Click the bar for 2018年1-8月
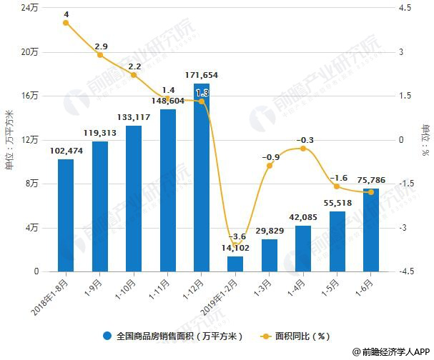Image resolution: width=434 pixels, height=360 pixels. (x=66, y=215)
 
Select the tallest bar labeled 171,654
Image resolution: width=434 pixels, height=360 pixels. (x=202, y=177)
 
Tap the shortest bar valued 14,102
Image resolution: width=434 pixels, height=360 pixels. (x=235, y=264)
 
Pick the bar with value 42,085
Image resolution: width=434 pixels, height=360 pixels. (x=303, y=249)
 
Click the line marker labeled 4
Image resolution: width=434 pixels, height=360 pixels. (x=66, y=23)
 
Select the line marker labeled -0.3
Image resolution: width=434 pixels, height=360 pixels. (x=303, y=149)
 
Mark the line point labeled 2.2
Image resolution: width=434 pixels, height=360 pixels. (x=134, y=75)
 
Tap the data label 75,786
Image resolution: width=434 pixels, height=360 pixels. (x=372, y=181)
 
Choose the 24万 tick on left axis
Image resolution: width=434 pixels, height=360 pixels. (x=30, y=8)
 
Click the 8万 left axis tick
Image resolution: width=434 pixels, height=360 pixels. (x=32, y=184)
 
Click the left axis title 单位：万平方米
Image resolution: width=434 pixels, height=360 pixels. (x=9, y=140)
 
